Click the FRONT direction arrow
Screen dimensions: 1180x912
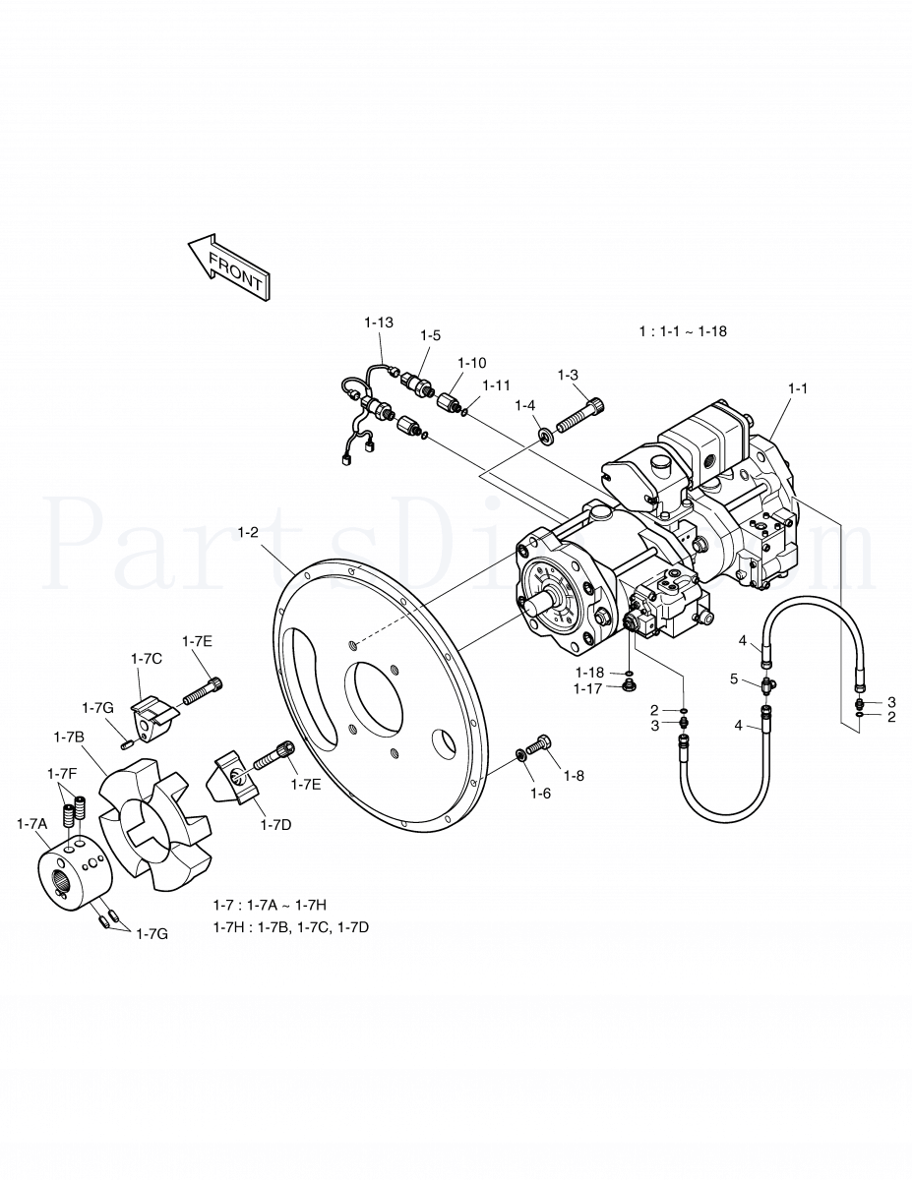(x=228, y=265)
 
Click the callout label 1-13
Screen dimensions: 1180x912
(x=379, y=323)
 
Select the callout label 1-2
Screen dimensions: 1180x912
(x=248, y=532)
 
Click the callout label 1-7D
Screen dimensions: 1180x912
(x=276, y=825)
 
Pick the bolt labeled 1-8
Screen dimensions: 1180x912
(x=539, y=748)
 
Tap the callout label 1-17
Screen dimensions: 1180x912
(x=587, y=689)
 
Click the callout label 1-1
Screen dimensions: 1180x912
(x=797, y=388)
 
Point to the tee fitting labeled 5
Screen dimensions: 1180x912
(x=767, y=681)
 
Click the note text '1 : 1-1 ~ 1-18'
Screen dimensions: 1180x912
(x=683, y=331)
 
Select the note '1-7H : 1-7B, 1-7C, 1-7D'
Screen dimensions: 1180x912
(x=291, y=927)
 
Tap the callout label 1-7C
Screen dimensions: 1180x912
(x=147, y=657)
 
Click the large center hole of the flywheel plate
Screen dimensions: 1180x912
(x=379, y=701)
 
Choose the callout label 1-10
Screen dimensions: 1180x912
(x=470, y=363)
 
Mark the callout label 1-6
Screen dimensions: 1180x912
(x=539, y=793)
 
